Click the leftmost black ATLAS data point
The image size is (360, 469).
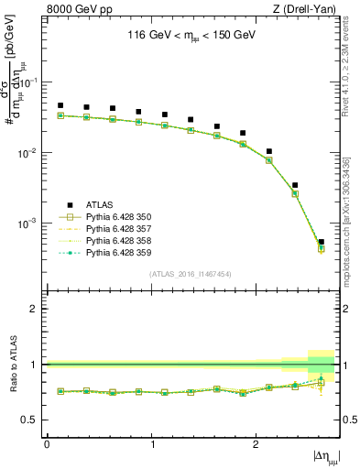click(60, 105)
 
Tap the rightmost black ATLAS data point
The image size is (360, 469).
click(321, 242)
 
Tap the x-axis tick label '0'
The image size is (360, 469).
click(47, 444)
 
